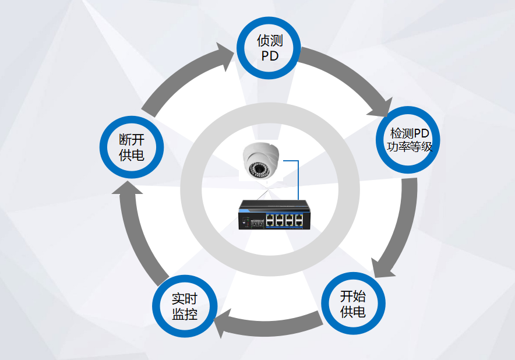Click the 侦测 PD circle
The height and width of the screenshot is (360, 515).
pos(268,48)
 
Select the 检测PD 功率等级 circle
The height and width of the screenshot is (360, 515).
pos(410,140)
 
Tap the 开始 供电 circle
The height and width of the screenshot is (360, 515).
pos(353,303)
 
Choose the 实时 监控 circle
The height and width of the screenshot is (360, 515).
pos(184,306)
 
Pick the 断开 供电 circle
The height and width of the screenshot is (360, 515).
pos(132,147)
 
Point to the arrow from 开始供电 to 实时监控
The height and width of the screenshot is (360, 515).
pos(268,324)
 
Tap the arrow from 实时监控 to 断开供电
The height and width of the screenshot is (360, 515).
pos(140,233)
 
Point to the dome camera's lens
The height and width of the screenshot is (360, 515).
pos(258,168)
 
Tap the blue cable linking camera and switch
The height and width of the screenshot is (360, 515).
pos(298,181)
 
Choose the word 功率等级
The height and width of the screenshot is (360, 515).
pos(410,147)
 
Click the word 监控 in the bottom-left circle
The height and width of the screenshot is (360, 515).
pos(184,315)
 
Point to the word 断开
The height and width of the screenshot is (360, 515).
pos(132,140)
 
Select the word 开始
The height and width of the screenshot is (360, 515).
pos(353,295)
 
